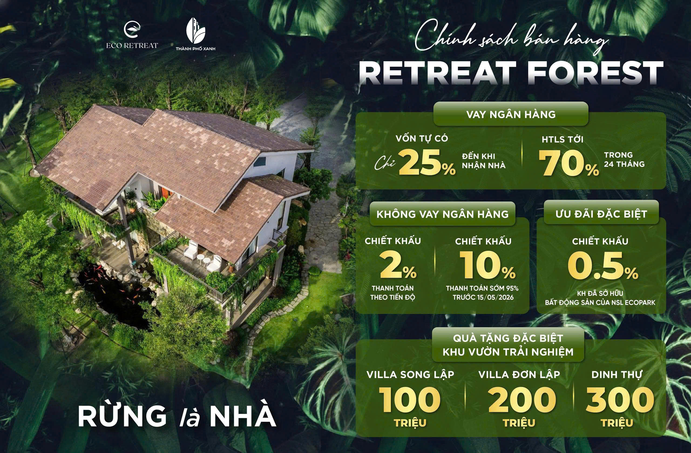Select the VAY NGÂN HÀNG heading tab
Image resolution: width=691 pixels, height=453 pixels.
511,114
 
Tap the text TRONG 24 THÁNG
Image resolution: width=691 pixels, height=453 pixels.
624,160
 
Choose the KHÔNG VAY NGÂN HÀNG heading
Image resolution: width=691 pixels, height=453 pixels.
442,214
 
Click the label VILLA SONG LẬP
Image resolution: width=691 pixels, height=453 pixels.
410,375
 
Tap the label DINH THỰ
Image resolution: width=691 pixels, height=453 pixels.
617,375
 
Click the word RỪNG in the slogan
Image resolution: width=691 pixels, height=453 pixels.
122,416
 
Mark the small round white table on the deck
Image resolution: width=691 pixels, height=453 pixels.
200,258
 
